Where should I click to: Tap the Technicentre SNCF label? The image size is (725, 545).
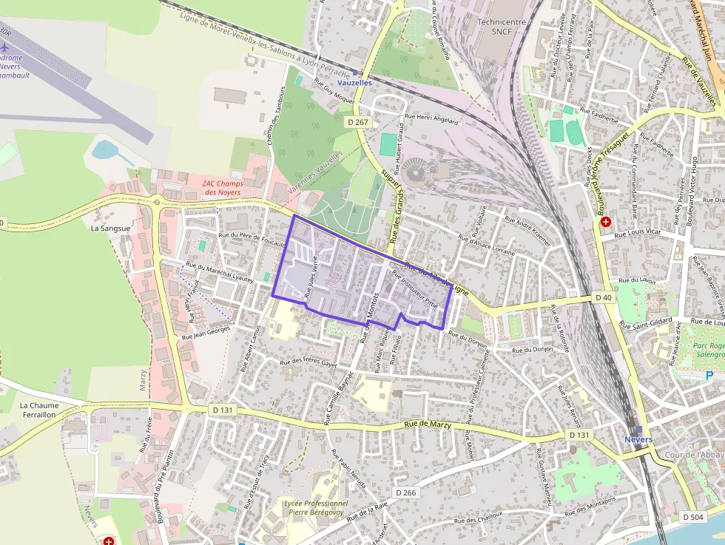point(502,27)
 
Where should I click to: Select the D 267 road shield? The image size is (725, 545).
point(357,122)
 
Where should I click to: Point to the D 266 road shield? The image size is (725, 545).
point(405,492)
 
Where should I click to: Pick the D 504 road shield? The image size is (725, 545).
point(692,516)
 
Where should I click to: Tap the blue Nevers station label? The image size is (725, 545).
point(638,439)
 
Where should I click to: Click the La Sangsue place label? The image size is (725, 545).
point(110,229)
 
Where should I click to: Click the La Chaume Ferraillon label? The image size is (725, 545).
point(38,410)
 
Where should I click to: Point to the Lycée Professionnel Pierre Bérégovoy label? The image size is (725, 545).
point(306,507)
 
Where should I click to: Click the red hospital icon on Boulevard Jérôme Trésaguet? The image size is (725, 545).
point(606,221)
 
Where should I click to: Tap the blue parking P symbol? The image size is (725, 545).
point(709,376)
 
